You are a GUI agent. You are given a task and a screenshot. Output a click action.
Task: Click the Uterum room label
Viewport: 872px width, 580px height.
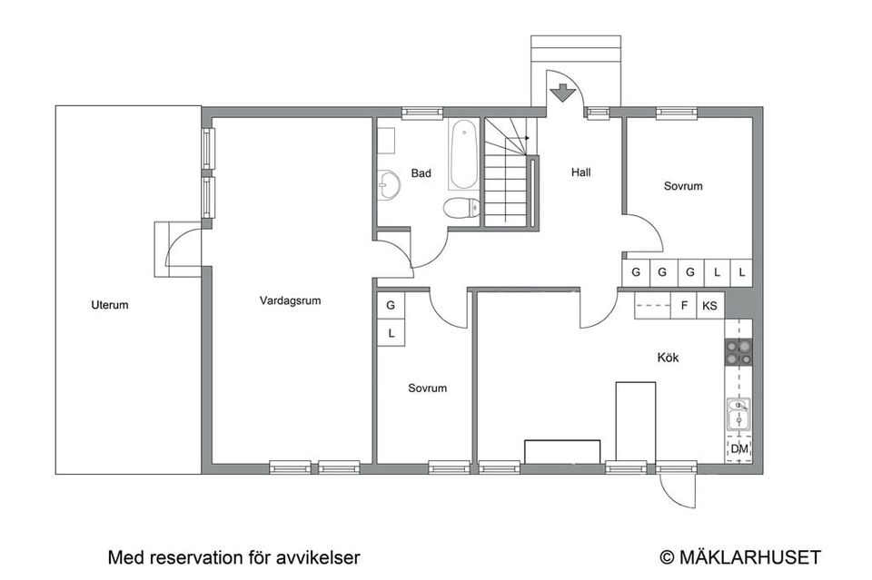(x=110, y=305)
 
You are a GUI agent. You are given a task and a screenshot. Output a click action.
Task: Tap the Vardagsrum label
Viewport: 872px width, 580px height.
(x=291, y=300)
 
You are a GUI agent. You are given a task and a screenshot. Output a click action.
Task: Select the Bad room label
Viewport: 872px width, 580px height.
(x=421, y=173)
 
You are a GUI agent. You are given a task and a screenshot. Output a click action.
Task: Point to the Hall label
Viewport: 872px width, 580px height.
(x=581, y=172)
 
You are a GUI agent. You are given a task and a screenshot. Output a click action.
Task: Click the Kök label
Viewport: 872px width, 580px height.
(x=668, y=358)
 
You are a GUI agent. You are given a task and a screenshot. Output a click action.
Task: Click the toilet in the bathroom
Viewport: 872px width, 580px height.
(x=461, y=207)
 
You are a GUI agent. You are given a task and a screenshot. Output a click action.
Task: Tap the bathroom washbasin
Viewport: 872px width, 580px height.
(x=389, y=183)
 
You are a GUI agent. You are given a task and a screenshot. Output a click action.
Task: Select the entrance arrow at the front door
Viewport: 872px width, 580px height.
(x=564, y=93)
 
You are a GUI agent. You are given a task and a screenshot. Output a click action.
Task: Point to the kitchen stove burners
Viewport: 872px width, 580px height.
(x=738, y=352)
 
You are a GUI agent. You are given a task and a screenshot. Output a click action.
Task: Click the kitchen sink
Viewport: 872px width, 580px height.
(x=738, y=415)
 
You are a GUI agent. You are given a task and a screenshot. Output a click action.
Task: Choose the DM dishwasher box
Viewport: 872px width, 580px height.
(x=739, y=448)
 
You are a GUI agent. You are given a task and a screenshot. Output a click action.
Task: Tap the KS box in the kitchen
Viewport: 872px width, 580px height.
(x=709, y=306)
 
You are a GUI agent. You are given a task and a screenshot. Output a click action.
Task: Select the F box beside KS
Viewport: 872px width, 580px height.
(x=684, y=306)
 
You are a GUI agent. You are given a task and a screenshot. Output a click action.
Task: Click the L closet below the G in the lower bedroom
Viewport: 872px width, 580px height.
(x=391, y=333)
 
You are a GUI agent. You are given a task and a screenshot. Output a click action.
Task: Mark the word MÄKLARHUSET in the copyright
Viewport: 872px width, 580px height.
(x=749, y=557)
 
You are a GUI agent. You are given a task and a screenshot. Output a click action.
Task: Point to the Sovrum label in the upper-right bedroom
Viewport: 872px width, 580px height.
(x=683, y=186)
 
